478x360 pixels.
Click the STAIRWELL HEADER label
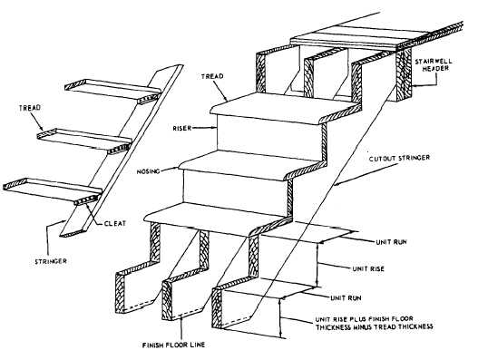tap(438, 65)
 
